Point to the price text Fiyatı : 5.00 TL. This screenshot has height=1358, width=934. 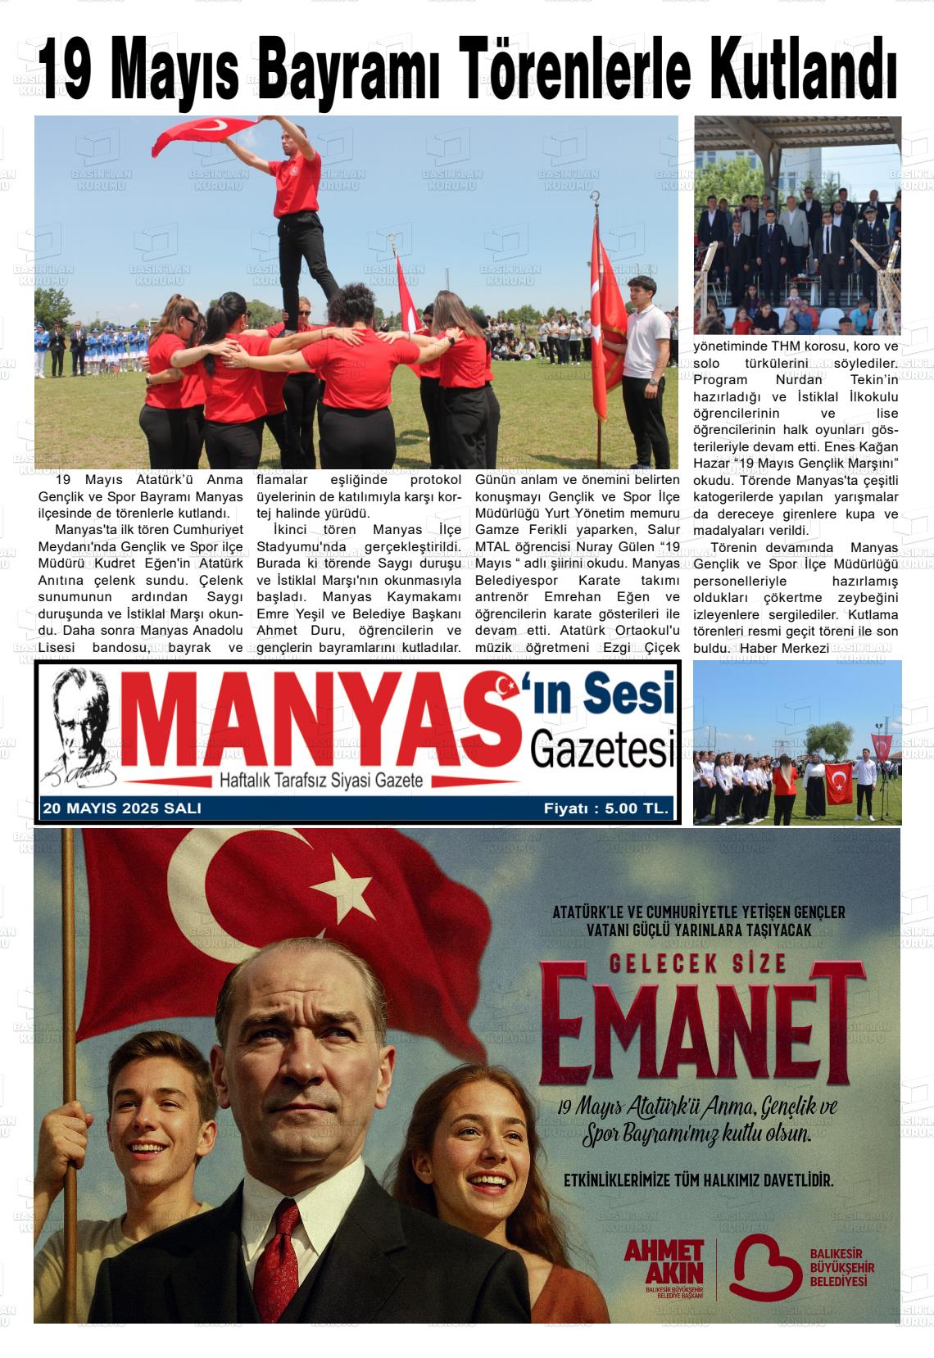click(x=606, y=808)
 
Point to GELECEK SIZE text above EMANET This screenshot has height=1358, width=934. click(x=698, y=963)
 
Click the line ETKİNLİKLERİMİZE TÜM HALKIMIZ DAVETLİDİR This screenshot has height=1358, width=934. click(x=699, y=1181)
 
